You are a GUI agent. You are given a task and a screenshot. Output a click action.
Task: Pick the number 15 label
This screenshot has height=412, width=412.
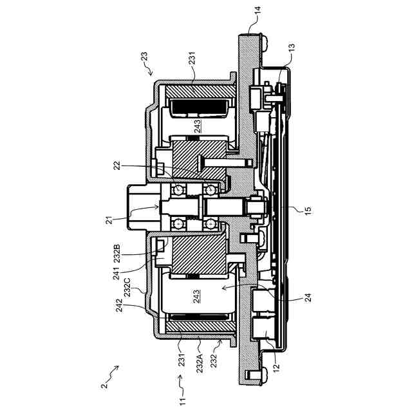pyautogui.click(x=308, y=209)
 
